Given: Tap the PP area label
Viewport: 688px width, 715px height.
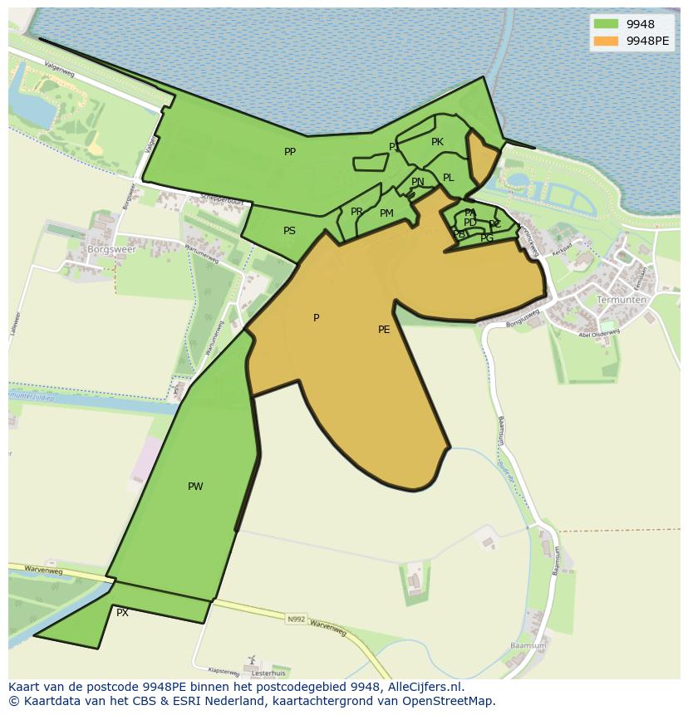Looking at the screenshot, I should coord(290,152).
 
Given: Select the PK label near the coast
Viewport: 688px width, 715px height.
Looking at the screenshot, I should coord(437,142).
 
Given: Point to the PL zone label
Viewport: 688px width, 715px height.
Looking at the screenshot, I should coord(449,178).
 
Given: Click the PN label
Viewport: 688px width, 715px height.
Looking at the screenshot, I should coord(418,182).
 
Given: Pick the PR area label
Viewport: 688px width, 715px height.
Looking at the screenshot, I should coord(356,212).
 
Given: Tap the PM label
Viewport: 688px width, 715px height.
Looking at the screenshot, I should coord(386,213).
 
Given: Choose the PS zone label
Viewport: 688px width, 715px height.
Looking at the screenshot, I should coord(289,231).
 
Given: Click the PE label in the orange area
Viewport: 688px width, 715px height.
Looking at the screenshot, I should coord(384,330).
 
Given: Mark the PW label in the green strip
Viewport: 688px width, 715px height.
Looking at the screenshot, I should coord(195,487).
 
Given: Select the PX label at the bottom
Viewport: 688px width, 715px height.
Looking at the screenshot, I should coord(122,613).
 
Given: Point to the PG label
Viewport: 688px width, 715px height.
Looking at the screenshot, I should coord(487,238).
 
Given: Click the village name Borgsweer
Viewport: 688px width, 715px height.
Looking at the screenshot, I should coord(111,248).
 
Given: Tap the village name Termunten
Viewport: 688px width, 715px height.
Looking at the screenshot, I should coord(622,300).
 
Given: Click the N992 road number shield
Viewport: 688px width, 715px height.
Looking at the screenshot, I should coord(296,619).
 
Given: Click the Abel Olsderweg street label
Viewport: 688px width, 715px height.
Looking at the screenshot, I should coord(600,333).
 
